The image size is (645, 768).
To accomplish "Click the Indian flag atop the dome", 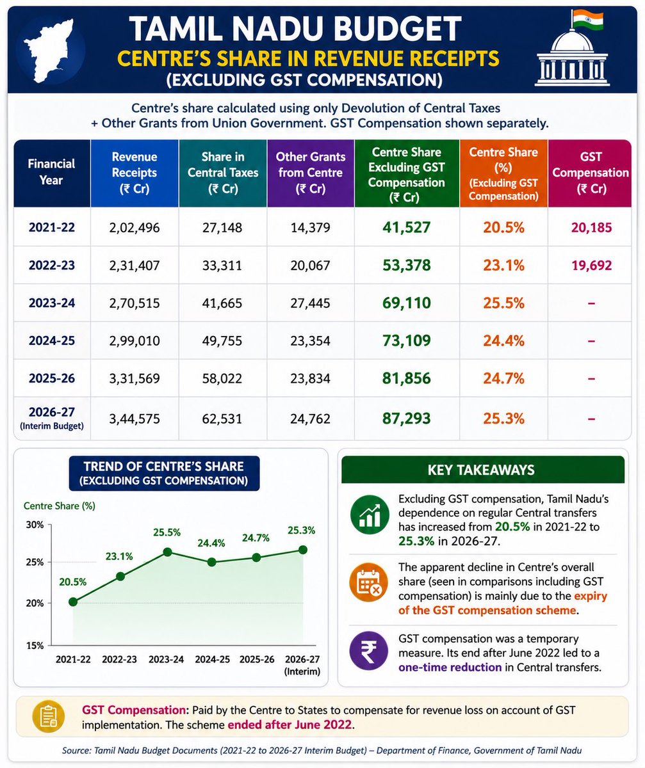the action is tap(587, 20).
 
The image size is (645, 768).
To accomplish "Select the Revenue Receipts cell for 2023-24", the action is tap(135, 303).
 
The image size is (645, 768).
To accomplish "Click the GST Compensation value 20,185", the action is tap(591, 228).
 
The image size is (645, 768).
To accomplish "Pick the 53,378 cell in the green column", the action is tap(407, 265).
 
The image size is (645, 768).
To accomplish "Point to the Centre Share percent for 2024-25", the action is tap(503, 340).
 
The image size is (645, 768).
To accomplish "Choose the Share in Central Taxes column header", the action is tap(223, 173).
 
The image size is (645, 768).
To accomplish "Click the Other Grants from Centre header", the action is tap(311, 173).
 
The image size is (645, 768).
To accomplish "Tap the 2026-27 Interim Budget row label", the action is tap(52, 418).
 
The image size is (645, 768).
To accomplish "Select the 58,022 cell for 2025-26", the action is tap(222, 378).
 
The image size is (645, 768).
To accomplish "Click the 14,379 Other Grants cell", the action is tap(311, 228).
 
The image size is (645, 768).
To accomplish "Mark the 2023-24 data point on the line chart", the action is tap(167, 552).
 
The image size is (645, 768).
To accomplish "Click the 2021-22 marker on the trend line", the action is tap(73, 602).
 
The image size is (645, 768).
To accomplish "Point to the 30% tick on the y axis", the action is tap(35, 525).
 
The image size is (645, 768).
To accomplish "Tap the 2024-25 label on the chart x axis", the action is tap(212, 659).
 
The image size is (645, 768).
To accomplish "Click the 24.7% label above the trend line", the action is tap(256, 538).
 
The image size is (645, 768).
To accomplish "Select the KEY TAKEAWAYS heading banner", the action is tap(483, 470).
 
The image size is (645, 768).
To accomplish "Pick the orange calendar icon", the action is tap(368, 582).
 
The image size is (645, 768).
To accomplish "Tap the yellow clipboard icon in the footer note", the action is tap(49, 717).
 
